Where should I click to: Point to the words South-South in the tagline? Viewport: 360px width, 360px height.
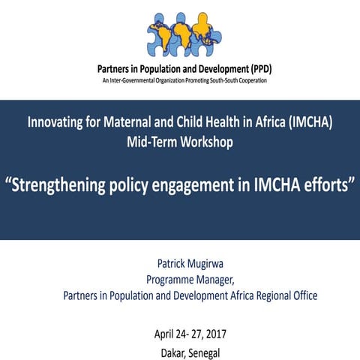221,80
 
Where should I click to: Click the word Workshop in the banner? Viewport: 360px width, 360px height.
208,141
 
